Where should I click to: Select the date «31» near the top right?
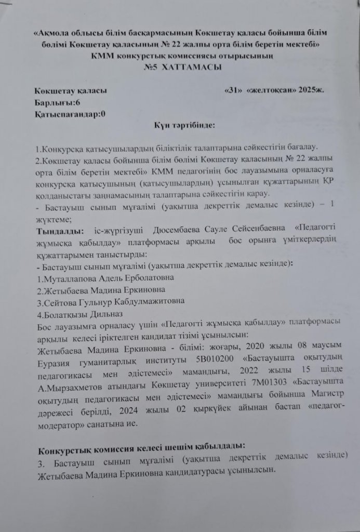[233, 90]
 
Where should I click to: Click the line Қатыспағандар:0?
[69, 114]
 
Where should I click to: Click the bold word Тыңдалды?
[58, 231]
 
